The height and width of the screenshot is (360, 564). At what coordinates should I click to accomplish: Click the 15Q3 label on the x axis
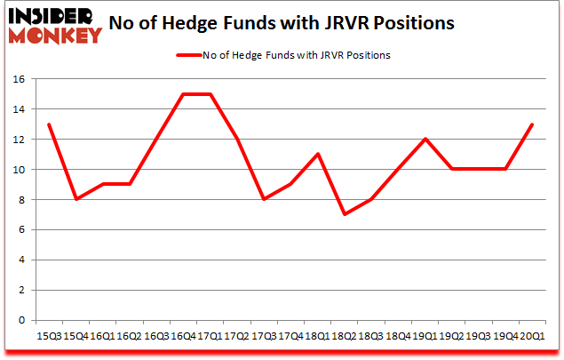pyautogui.click(x=48, y=336)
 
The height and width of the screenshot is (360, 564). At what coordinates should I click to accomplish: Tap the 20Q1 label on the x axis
pyautogui.click(x=533, y=336)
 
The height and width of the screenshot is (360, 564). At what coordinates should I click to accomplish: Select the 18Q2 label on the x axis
pyautogui.click(x=345, y=336)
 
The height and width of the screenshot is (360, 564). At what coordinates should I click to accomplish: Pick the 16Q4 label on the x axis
pyautogui.click(x=183, y=336)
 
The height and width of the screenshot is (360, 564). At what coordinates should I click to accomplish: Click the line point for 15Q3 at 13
pyautogui.click(x=48, y=124)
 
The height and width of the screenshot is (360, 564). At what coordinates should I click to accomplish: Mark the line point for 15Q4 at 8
pyautogui.click(x=75, y=199)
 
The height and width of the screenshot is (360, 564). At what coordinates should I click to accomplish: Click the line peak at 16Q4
pyautogui.click(x=183, y=93)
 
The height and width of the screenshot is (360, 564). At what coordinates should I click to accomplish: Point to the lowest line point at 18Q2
pyautogui.click(x=345, y=214)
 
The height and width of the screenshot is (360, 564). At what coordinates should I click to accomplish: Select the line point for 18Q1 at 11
pyautogui.click(x=317, y=154)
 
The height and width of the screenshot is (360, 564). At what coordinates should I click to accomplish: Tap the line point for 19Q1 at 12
pyautogui.click(x=425, y=139)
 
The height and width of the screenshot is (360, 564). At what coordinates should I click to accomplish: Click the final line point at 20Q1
pyautogui.click(x=533, y=124)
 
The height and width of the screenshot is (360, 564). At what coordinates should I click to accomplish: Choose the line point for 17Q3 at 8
pyautogui.click(x=264, y=199)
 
